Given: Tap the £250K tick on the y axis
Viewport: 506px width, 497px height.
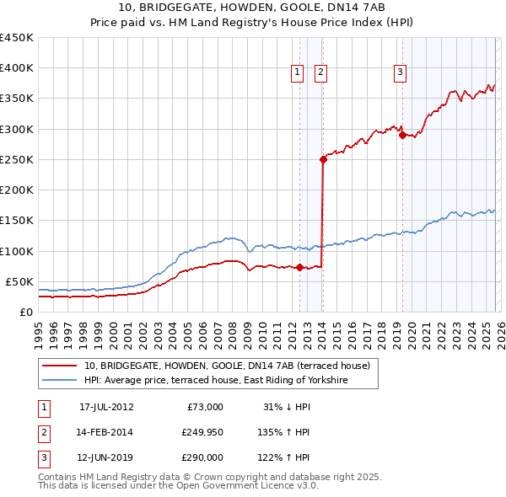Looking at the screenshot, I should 17,159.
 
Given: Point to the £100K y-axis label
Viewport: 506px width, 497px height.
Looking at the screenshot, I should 17,251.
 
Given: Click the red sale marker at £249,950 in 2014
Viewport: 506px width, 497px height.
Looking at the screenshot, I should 323,159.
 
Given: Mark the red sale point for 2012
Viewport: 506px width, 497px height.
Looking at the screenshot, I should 299,267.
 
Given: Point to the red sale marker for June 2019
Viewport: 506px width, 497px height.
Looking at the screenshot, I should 402,135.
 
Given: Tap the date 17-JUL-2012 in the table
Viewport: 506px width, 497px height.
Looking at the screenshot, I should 106,407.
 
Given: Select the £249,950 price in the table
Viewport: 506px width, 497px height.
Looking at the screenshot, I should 202,432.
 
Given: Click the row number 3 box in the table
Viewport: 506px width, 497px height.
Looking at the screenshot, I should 43,457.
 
